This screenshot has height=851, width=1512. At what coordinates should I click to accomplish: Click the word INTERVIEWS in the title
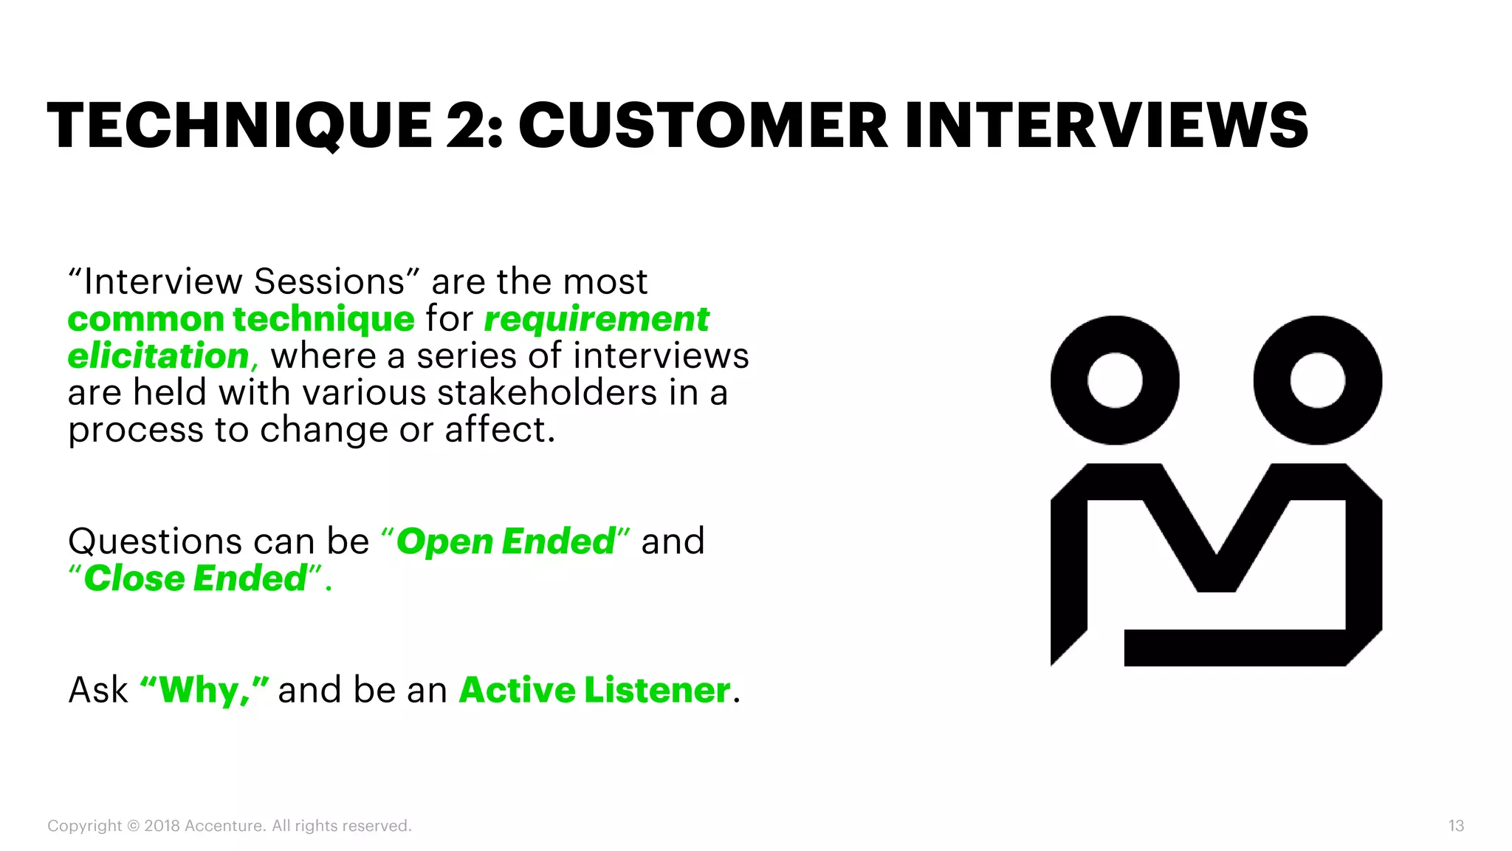pos(1106,126)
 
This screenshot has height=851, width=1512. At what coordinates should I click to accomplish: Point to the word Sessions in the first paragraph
pos(329,282)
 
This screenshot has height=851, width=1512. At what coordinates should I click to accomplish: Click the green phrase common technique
pos(241,319)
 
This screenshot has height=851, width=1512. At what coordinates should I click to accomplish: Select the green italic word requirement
pos(597,319)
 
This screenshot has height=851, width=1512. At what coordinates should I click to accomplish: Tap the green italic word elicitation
pos(159,356)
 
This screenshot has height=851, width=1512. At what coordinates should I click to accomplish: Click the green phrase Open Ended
pos(506,541)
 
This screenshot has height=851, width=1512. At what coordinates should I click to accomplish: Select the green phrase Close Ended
pos(196,578)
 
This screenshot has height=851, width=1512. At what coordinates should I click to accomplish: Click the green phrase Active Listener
pos(595,691)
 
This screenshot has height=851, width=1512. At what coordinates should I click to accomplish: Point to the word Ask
pos(98,691)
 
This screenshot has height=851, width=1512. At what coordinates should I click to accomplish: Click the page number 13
pos(1456,826)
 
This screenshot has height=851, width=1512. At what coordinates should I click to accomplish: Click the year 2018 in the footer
pos(162,826)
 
